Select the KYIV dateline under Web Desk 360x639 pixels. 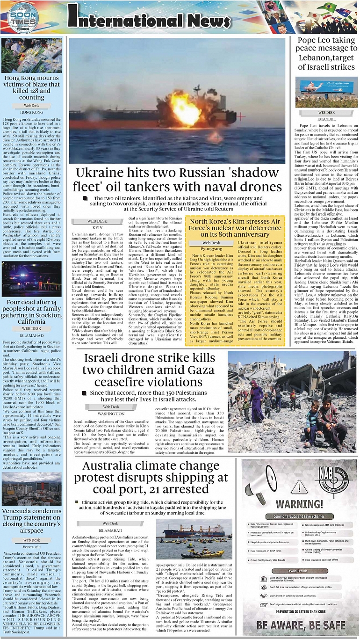[x=98, y=227]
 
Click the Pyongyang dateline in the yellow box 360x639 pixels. [x=211, y=249]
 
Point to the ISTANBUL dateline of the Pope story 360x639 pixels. [x=326, y=119]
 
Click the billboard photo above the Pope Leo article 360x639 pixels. [x=326, y=92]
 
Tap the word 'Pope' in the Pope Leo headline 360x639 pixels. [x=309, y=41]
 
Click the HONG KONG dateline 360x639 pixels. [x=32, y=113]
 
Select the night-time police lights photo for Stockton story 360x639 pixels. [x=32, y=280]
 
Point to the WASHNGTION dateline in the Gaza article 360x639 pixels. [x=111, y=414]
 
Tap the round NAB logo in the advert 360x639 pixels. [x=333, y=479]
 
